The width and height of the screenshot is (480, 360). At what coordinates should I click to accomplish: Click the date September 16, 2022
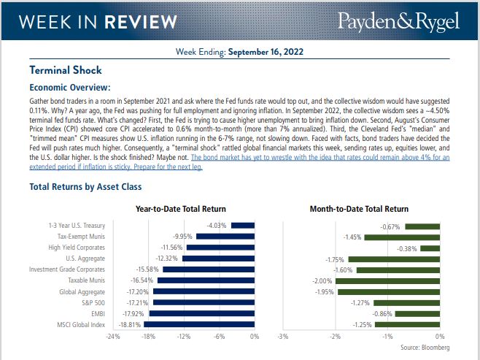click(x=266, y=52)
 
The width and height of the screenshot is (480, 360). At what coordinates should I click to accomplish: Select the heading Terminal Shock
click(x=65, y=71)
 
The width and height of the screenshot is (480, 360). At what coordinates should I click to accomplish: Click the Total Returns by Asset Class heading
click(x=85, y=187)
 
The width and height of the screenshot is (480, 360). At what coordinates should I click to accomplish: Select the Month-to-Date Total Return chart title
click(x=359, y=209)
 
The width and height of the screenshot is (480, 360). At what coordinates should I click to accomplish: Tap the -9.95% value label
click(x=182, y=237)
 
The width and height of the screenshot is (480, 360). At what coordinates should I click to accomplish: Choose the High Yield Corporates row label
click(x=77, y=248)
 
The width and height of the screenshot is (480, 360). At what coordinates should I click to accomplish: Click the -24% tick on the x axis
click(x=113, y=337)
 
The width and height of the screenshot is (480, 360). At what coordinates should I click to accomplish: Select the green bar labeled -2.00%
click(x=387, y=280)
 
